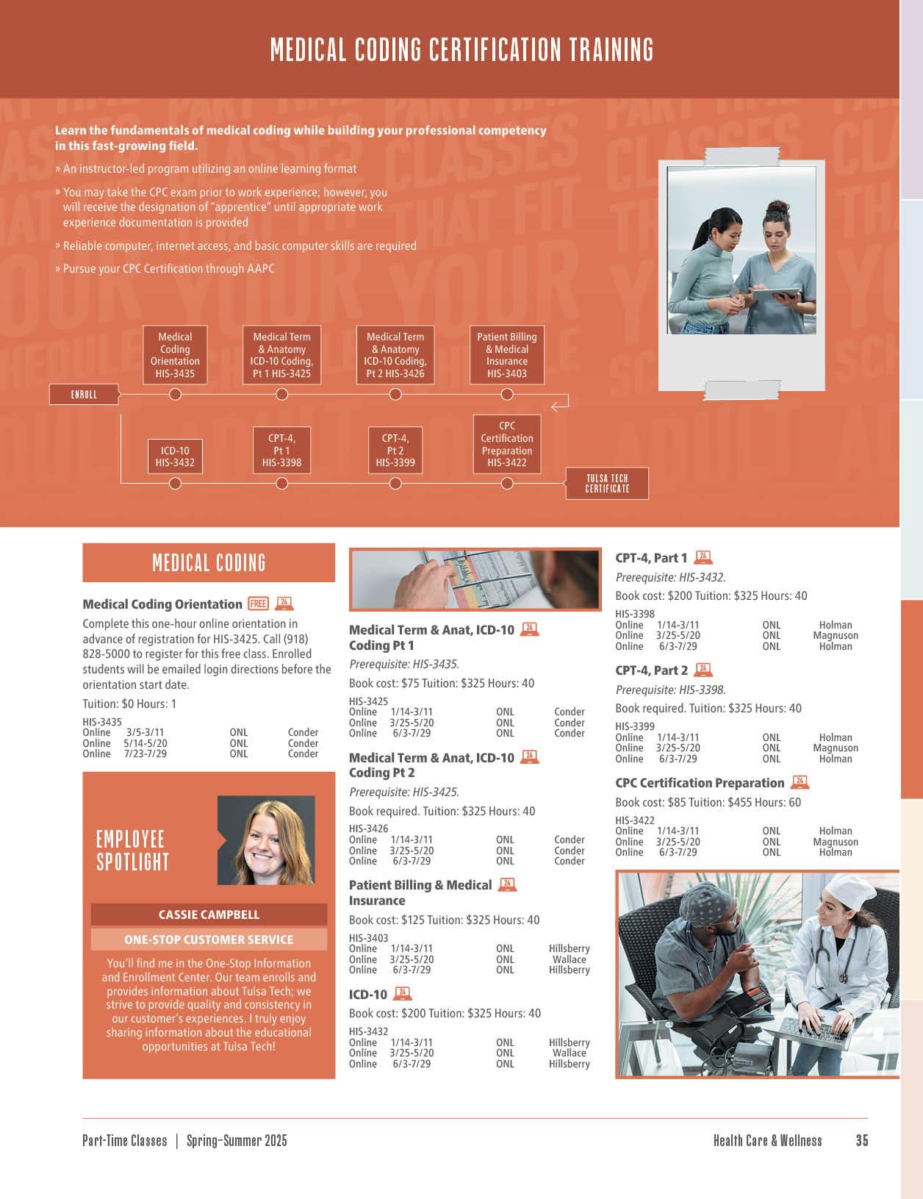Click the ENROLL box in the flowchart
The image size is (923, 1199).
click(84, 395)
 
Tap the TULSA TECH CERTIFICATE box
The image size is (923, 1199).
click(607, 484)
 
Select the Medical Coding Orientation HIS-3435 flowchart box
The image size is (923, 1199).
click(175, 355)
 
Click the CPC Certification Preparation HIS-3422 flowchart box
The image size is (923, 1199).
click(507, 444)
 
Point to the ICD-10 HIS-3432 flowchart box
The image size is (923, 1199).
click(175, 457)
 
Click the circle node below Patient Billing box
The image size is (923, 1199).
click(507, 394)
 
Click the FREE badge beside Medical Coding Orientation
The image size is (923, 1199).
click(258, 604)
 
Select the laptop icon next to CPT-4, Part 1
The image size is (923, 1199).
click(703, 557)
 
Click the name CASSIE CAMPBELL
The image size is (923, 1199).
click(209, 915)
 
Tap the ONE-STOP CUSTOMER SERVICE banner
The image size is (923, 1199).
click(209, 939)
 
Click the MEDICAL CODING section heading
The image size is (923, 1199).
click(209, 563)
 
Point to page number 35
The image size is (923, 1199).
click(862, 1140)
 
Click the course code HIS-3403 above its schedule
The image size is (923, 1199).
click(368, 938)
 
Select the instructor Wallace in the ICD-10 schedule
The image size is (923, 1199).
click(569, 1053)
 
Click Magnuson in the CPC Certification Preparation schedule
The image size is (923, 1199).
click(836, 842)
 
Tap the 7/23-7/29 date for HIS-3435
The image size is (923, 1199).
click(145, 754)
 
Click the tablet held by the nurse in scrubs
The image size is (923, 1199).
click(775, 294)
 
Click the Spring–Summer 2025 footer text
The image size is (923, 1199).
click(237, 1140)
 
